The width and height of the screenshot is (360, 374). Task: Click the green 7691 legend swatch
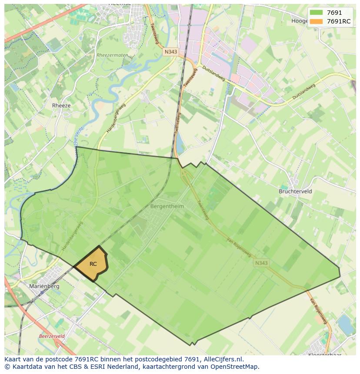tap(316, 13)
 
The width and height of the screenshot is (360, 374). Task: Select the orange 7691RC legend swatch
tap(316, 21)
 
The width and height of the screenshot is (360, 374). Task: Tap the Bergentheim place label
tap(167, 206)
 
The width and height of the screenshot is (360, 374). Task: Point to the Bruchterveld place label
tap(295, 191)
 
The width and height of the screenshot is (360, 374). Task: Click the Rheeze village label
tap(61, 106)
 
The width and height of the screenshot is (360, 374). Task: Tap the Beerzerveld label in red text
tap(52, 336)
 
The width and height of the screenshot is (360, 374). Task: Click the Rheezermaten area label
tap(112, 55)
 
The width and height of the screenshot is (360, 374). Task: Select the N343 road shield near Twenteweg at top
tap(171, 52)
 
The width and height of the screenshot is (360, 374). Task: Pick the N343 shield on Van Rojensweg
tap(261, 263)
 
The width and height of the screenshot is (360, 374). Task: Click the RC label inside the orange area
tap(93, 264)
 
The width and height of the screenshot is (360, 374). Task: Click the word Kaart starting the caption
tap(13, 359)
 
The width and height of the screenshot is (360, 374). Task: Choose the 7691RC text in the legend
tap(339, 21)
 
